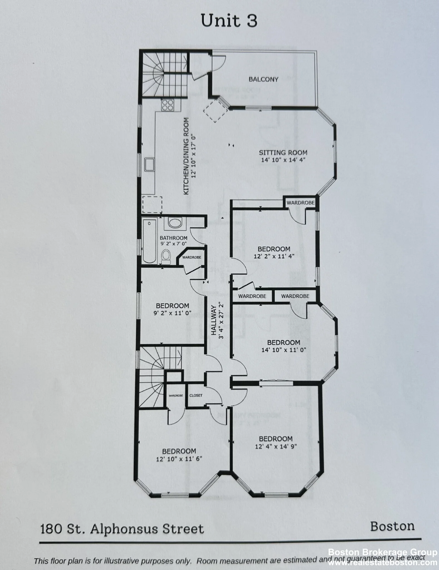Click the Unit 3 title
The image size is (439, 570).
(229, 21)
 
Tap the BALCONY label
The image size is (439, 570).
(263, 79)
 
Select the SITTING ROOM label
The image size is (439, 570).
(283, 153)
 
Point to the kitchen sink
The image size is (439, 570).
(149, 164)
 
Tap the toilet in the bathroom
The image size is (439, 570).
(166, 256)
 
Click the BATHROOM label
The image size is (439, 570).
(173, 238)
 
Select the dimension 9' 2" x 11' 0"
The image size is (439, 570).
(172, 313)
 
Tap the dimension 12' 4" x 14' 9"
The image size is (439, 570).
(276, 446)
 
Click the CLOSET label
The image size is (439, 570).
(196, 395)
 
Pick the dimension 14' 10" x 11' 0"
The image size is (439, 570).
(284, 350)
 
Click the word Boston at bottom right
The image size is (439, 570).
(392, 526)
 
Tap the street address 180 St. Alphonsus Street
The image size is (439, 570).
(122, 529)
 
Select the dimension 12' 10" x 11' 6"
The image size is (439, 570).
(179, 459)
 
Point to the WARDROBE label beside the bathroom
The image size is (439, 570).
(192, 257)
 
